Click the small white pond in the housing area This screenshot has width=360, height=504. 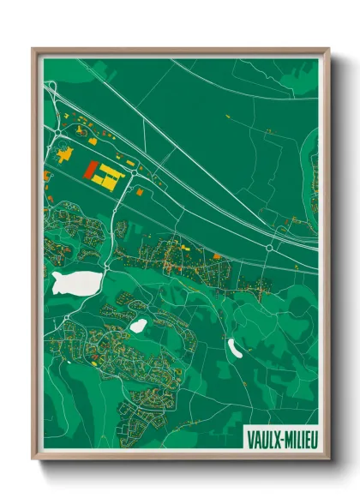tap(138, 326)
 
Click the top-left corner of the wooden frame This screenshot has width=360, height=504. tap(33, 49)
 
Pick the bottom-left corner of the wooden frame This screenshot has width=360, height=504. tap(33, 460)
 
